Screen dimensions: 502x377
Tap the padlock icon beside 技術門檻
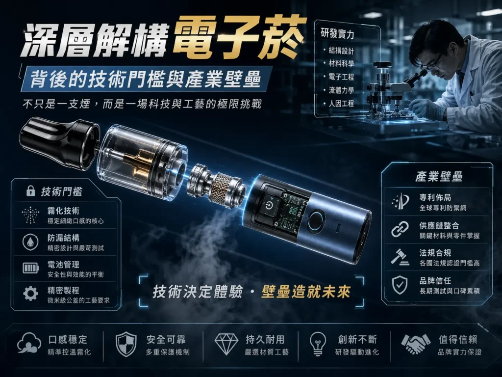[x=30, y=191]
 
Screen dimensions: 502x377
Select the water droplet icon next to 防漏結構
[x=30, y=242]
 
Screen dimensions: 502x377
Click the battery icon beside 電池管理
[x=30, y=268]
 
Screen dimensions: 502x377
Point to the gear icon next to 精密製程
[x=30, y=294]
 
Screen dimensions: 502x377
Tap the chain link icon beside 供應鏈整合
[x=400, y=229]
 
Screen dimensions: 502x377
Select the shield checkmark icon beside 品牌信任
[x=400, y=285]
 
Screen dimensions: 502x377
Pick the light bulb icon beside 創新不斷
[x=318, y=344]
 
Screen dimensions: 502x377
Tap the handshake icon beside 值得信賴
[x=416, y=344]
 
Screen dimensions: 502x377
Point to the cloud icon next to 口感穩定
[x=29, y=343]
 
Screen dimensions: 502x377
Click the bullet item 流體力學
[x=341, y=90]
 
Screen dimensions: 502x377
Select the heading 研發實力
[x=337, y=33]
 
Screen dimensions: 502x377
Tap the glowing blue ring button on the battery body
[x=317, y=220]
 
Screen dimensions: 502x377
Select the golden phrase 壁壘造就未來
[x=306, y=292]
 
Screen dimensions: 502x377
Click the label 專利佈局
[x=435, y=197]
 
